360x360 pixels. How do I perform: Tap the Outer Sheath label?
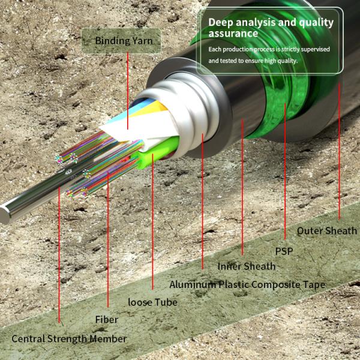(327, 230)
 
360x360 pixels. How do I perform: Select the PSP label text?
(284, 251)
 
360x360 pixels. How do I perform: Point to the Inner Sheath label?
(247, 266)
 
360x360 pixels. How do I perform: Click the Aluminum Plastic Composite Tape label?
(247, 284)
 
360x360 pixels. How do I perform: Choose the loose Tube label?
(153, 302)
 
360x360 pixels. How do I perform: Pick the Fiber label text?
(107, 320)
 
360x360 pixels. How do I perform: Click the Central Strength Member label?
(69, 338)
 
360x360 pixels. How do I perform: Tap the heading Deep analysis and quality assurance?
(271, 28)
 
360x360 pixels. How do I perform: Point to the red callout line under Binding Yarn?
(128, 90)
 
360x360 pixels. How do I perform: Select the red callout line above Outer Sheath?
(340, 150)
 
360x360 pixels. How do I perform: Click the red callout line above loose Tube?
(153, 228)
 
